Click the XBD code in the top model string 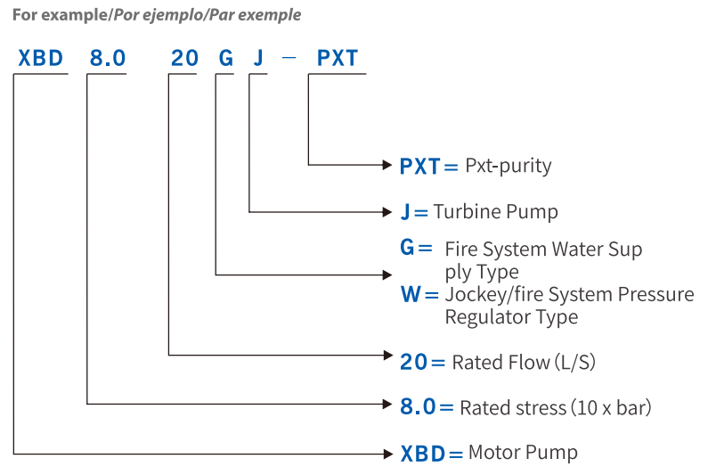[x=41, y=58]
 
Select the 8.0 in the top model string [x=108, y=58]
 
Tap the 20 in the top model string [x=184, y=58]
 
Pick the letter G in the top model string [x=226, y=58]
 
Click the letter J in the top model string [x=258, y=58]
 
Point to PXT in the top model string [x=338, y=58]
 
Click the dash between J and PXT [x=289, y=58]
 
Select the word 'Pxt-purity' [x=508, y=167]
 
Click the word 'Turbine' [x=467, y=211]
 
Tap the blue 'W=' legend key [x=419, y=294]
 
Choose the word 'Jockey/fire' [x=493, y=295]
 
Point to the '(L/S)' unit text [x=575, y=363]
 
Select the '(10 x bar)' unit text [x=611, y=407]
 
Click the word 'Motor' [x=494, y=453]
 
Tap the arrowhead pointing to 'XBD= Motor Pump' [x=388, y=454]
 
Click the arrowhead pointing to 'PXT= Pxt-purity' [x=387, y=165]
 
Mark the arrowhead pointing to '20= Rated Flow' [x=388, y=356]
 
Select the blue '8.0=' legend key [x=427, y=406]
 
